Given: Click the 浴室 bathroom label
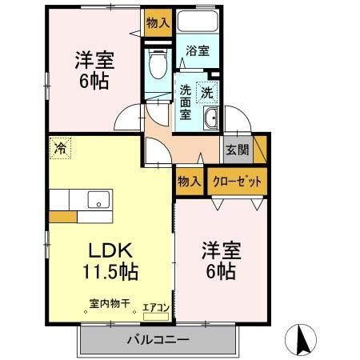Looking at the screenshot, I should click(x=198, y=51).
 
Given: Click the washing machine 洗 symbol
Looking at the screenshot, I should click(x=207, y=92).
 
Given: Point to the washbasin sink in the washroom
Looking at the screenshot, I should click(x=211, y=120).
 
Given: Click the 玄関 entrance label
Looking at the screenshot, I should click(x=236, y=148).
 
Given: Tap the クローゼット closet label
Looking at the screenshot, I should click(x=237, y=181).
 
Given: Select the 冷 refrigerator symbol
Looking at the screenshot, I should click(x=60, y=146).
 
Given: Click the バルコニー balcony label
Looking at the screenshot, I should click(x=157, y=340).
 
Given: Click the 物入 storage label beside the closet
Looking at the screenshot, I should click(x=189, y=181).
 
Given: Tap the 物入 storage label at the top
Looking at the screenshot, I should click(x=158, y=23).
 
